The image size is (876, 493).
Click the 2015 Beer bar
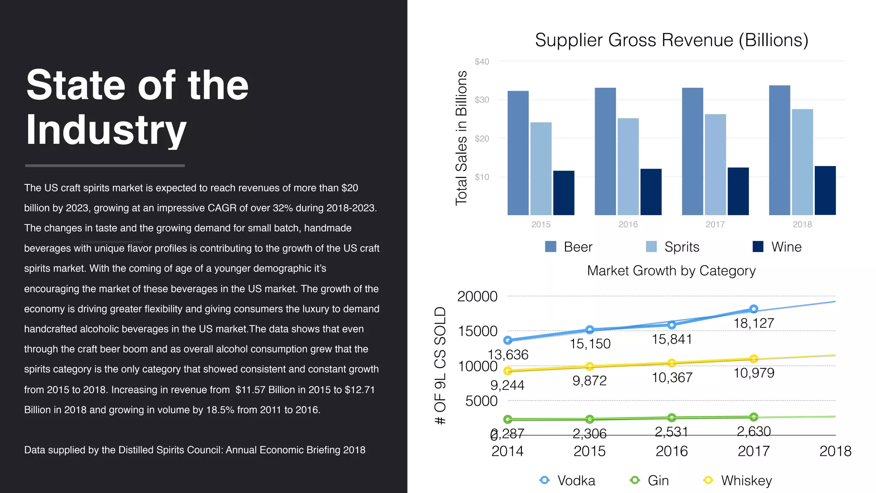(518, 153)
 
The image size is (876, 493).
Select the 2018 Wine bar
(825, 190)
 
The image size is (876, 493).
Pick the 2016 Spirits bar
(628, 166)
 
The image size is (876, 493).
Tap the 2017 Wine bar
(738, 191)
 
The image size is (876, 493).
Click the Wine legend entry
(777, 247)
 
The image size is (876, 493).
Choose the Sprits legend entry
(673, 247)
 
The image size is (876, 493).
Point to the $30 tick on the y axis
(482, 100)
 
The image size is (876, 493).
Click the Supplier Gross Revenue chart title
(672, 40)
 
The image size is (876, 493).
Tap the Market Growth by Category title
(671, 271)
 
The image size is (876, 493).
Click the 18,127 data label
(754, 324)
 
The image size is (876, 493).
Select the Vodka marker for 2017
(754, 309)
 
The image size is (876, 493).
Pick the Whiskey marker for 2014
(508, 371)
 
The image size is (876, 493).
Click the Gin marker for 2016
(672, 417)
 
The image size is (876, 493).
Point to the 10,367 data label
(672, 378)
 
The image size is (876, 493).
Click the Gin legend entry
(650, 481)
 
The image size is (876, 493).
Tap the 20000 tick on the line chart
(477, 297)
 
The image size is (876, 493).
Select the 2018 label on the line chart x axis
(835, 451)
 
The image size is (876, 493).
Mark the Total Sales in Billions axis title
(461, 138)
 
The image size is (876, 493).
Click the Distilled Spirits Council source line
(195, 450)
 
